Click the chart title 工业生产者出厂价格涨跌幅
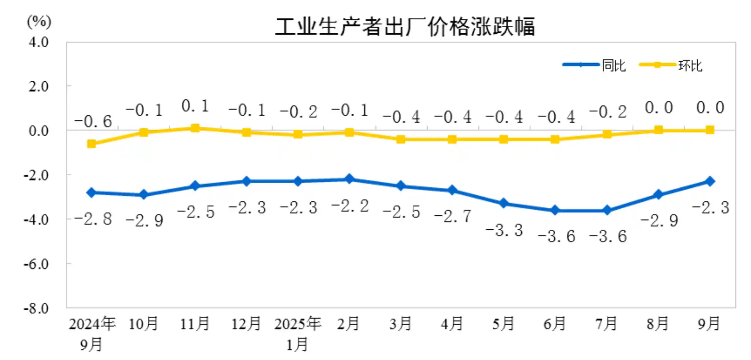[405, 27]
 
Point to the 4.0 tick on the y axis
[38, 42]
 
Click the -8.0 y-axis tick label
[36, 308]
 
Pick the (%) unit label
[39, 22]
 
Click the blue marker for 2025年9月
[710, 181]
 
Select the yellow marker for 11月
[195, 128]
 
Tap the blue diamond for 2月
[349, 179]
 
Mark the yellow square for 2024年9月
[92, 144]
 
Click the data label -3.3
[504, 230]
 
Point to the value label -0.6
[93, 121]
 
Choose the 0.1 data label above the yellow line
[195, 106]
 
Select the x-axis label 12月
[246, 324]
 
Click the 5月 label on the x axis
[503, 324]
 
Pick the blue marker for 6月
[555, 210]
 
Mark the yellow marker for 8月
[658, 130]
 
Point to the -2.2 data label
[350, 206]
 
